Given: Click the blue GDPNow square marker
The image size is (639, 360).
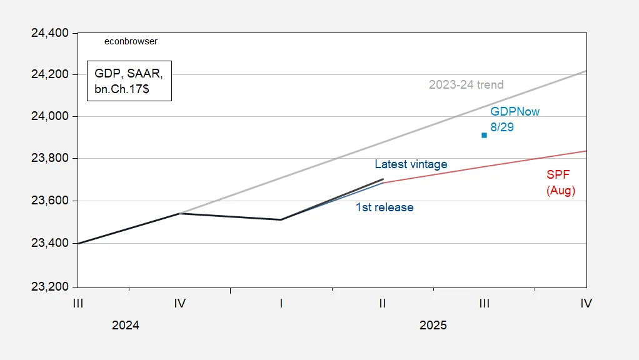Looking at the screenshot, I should (x=484, y=135).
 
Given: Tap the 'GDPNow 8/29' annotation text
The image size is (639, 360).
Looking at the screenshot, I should (x=515, y=119).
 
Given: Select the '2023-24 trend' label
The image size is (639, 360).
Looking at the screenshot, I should (x=466, y=85).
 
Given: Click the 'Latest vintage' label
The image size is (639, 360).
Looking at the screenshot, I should (x=411, y=164).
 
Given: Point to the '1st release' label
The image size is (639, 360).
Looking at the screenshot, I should (x=385, y=207).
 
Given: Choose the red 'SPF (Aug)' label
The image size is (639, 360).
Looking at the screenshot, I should (x=560, y=182).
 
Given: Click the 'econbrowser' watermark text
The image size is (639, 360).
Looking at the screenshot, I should (x=131, y=41).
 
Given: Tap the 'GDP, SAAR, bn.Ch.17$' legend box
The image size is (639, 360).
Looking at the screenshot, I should (x=128, y=81).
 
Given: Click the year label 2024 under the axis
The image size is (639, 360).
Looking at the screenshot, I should (x=126, y=325).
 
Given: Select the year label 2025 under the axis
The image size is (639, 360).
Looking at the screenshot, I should (x=433, y=325).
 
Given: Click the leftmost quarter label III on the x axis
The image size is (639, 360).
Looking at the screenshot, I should (x=78, y=304).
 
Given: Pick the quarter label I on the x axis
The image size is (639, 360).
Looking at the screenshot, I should (x=281, y=304).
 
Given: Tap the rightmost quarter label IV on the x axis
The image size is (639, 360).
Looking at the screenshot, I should (x=586, y=304).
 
